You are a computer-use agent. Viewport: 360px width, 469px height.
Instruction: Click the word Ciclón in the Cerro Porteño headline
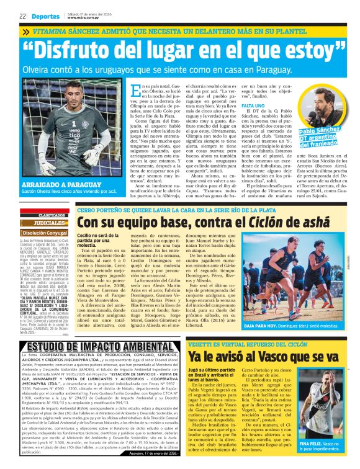[x=258, y=222]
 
